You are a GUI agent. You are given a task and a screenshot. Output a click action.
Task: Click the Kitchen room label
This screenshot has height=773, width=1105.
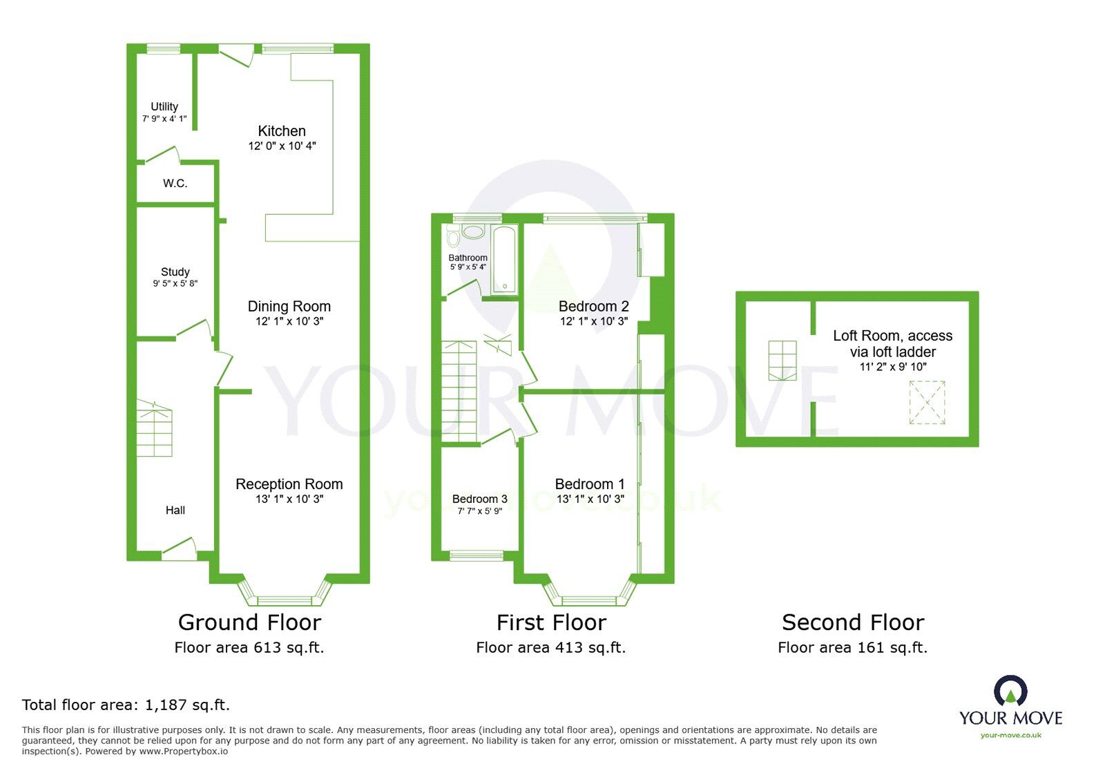(x=282, y=131)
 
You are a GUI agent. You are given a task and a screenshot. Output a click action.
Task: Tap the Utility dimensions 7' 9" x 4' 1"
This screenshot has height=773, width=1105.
(x=164, y=119)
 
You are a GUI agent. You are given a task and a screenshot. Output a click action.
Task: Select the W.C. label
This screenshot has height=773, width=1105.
(x=175, y=184)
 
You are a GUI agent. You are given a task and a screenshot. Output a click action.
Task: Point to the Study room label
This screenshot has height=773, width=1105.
(x=175, y=272)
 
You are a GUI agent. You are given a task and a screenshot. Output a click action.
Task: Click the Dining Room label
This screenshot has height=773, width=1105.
(x=289, y=307)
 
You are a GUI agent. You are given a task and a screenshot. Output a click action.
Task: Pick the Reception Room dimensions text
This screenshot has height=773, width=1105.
(x=289, y=499)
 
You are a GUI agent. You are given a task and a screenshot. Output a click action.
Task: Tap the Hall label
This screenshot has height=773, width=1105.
(x=175, y=510)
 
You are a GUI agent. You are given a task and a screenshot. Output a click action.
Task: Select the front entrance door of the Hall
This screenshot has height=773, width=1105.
(x=179, y=548)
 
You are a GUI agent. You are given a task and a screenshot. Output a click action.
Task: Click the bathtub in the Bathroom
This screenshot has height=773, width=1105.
(x=505, y=258)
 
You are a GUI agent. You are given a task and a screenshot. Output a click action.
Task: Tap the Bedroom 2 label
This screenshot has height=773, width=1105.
(x=594, y=307)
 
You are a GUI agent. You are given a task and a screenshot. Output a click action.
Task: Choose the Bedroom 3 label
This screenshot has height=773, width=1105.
(x=480, y=499)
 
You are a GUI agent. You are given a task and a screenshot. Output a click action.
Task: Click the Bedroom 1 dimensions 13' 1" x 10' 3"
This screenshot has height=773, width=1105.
(x=590, y=499)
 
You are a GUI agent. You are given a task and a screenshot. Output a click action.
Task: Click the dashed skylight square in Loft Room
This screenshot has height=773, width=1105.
(x=926, y=403)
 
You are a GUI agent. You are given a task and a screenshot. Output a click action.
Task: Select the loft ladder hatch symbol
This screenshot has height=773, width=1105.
(x=782, y=360)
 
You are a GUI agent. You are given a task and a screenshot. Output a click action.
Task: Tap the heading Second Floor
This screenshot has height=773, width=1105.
(x=853, y=622)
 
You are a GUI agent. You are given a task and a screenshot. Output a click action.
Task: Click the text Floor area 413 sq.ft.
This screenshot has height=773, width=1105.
(x=551, y=648)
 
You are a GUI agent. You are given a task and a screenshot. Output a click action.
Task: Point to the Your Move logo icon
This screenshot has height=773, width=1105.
(x=1010, y=691)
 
